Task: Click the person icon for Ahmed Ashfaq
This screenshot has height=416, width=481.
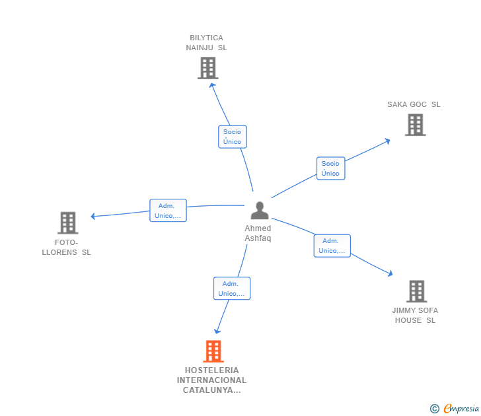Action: (x=260, y=211)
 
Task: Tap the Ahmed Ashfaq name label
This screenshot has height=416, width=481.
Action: (x=258, y=233)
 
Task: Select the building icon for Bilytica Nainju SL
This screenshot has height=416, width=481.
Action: (x=207, y=68)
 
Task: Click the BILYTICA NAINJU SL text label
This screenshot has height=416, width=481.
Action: (x=206, y=43)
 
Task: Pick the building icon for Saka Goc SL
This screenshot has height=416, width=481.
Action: (x=415, y=125)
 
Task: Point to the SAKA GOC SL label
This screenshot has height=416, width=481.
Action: (x=414, y=104)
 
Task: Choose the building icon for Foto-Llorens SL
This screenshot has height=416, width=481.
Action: (x=67, y=223)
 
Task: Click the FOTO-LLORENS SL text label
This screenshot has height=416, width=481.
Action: (x=67, y=247)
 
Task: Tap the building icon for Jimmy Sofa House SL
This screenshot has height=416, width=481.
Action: (x=416, y=291)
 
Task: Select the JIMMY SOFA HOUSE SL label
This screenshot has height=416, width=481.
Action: (x=415, y=316)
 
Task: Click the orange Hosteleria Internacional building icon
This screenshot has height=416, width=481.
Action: (x=213, y=351)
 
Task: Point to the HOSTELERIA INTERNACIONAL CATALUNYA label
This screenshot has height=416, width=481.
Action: (x=211, y=380)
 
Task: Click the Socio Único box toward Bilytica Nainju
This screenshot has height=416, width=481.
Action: (x=232, y=137)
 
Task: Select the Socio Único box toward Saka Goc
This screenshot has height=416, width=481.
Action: (x=330, y=168)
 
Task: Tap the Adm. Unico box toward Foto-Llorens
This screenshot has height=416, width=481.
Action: (x=168, y=211)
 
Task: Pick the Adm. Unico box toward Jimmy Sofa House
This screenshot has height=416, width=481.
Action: (x=332, y=246)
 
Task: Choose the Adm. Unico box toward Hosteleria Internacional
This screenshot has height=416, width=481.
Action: (x=232, y=289)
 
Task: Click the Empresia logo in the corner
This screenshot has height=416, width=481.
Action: (x=455, y=409)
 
